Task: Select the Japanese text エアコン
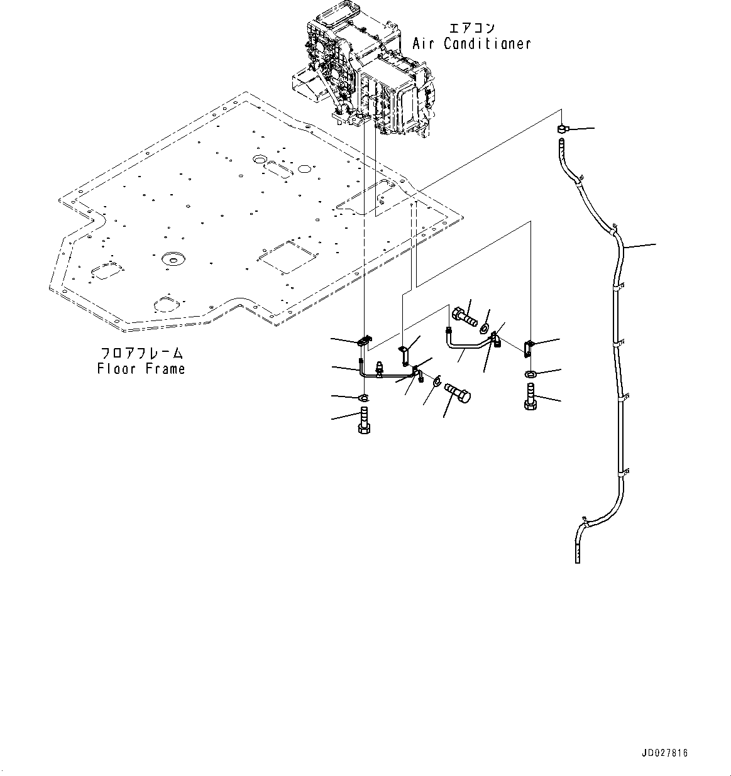click(x=472, y=28)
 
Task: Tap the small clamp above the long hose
click(x=561, y=129)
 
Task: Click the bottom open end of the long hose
click(x=578, y=553)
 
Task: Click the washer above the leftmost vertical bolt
click(x=363, y=397)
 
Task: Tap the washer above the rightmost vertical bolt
click(x=530, y=374)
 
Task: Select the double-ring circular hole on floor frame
click(x=170, y=259)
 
